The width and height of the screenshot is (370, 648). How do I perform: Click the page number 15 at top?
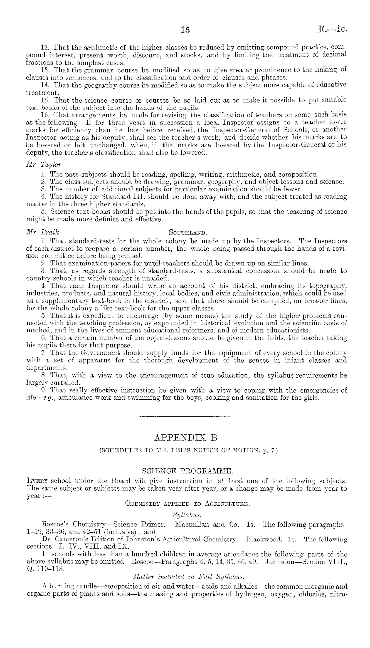click(x=185, y=30)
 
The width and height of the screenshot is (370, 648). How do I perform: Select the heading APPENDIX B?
click(x=186, y=438)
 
